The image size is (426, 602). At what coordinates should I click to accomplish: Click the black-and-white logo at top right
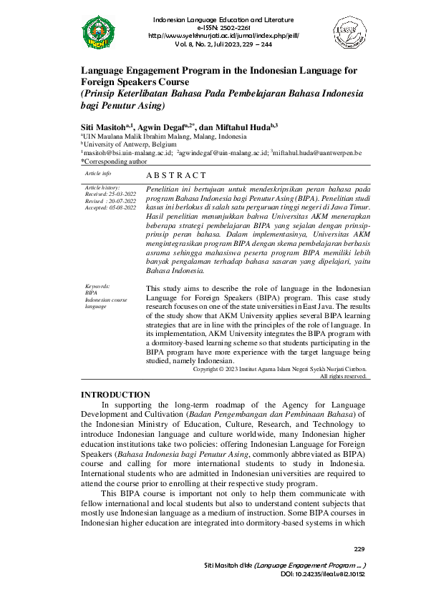[350, 31]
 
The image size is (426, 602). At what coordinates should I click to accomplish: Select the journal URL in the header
[223, 34]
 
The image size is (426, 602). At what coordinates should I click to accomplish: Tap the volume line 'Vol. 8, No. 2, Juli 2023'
[223, 43]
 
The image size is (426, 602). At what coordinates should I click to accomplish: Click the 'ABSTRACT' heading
[176, 175]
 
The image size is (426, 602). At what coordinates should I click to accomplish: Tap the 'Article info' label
[98, 174]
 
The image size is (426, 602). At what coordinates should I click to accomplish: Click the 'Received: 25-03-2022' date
[110, 193]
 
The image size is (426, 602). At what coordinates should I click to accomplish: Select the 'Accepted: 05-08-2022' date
[110, 207]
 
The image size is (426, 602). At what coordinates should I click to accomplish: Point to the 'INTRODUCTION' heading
[115, 395]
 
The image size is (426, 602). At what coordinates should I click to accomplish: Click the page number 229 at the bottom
[359, 549]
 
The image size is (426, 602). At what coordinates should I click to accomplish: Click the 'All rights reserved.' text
[343, 376]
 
